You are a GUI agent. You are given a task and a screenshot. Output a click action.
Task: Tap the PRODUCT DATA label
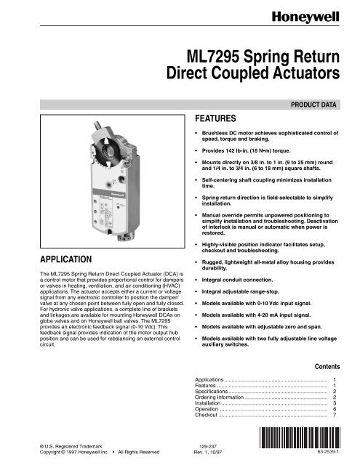point(315,105)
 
